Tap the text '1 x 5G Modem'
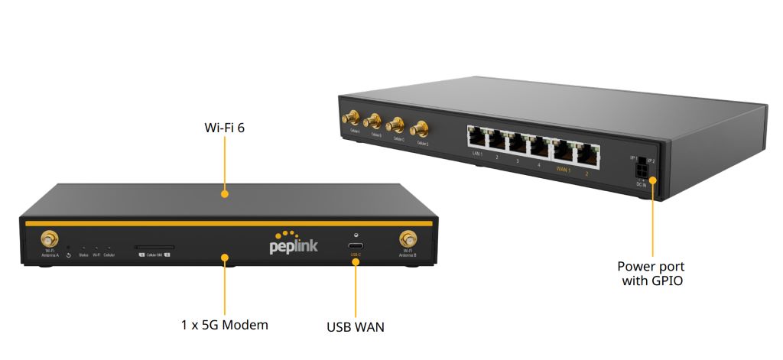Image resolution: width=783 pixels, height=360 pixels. pos(225,325)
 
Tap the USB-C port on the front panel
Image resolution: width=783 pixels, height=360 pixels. pos(356,246)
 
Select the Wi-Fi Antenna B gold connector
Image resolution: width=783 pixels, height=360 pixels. pos(408,239)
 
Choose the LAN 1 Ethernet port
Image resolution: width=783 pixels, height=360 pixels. pos(478,138)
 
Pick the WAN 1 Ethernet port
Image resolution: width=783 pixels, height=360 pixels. pos(564,149)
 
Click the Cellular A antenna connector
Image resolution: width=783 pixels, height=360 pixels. pos(353,119)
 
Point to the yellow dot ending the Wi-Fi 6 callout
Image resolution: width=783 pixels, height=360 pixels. pos(225,194)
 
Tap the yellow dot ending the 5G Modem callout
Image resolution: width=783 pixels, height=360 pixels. pos(225,258)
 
